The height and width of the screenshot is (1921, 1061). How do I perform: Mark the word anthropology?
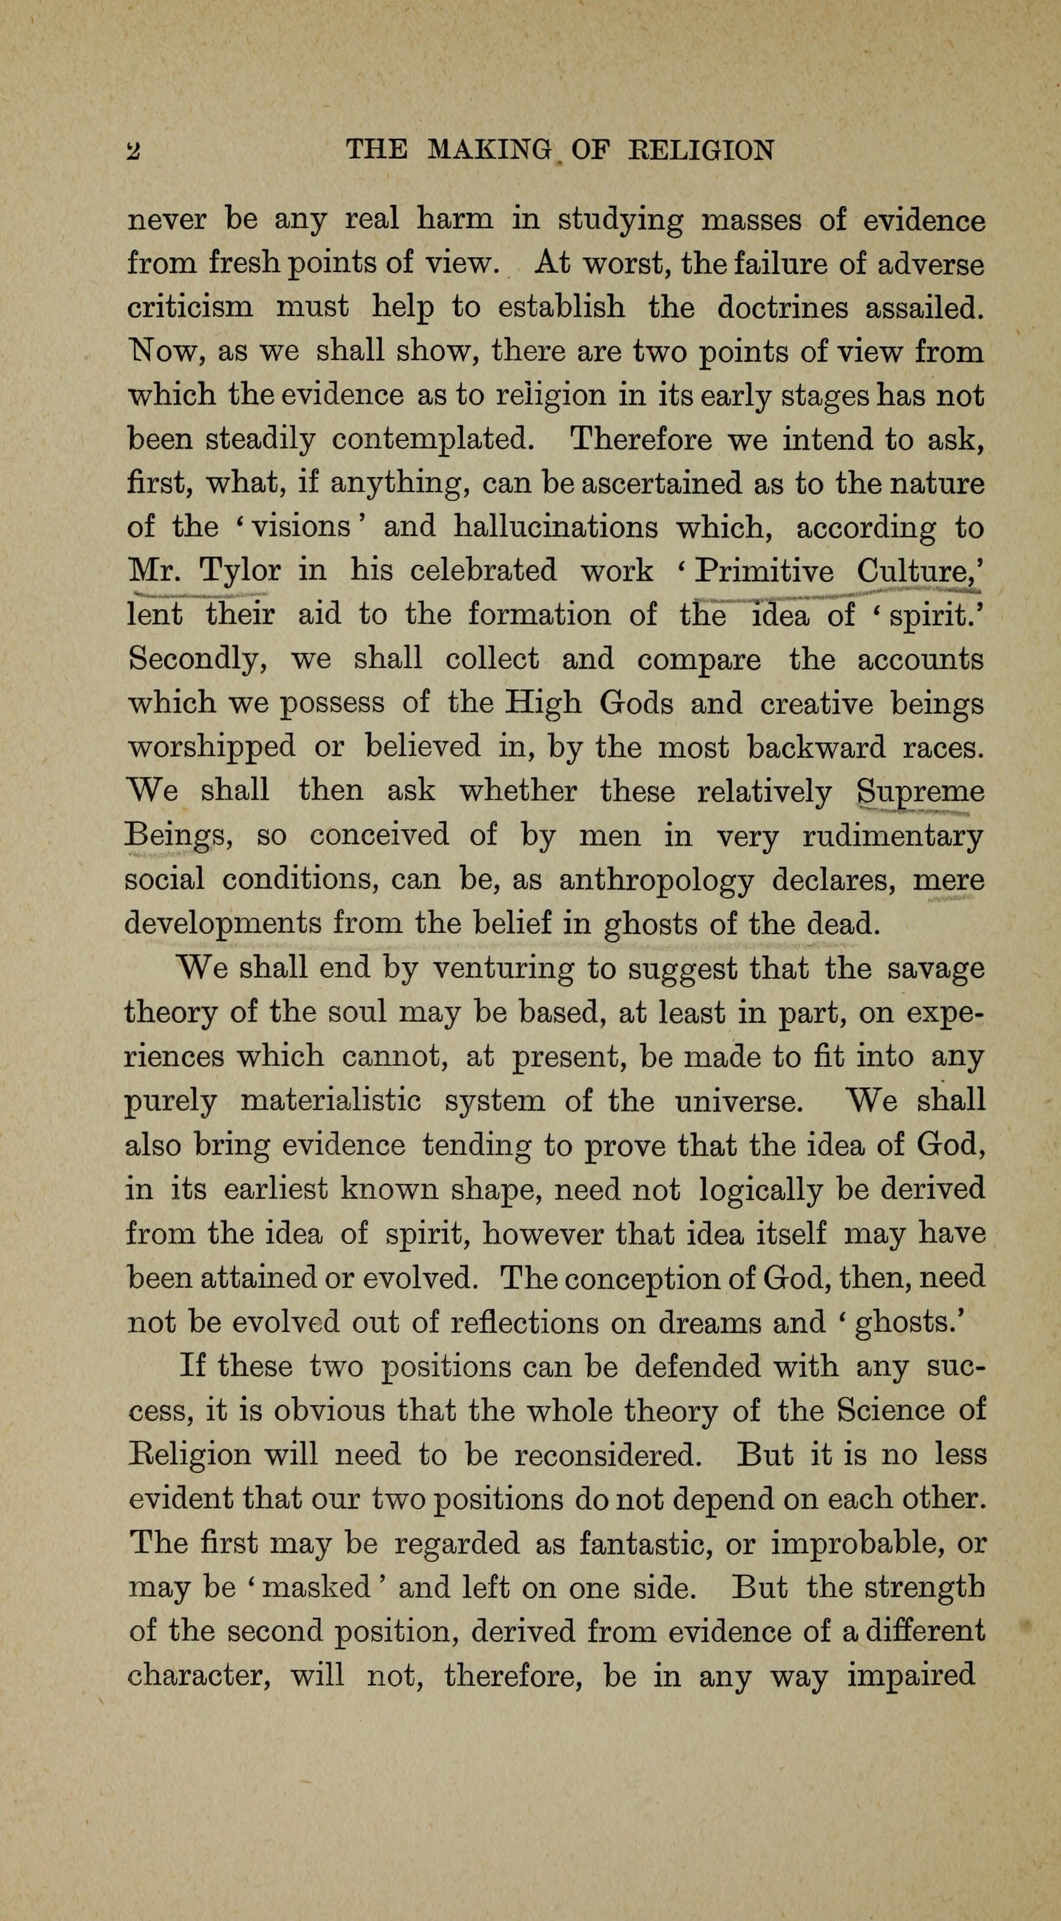[656, 881]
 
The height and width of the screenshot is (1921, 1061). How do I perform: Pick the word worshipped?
[212, 748]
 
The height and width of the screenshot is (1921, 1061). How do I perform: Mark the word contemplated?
[433, 440]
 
